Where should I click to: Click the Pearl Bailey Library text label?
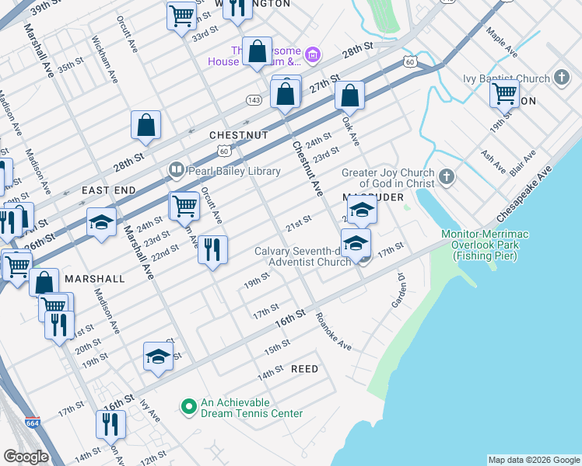(x=225, y=170)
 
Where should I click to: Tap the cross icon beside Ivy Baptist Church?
(x=563, y=78)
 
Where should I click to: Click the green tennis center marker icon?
(x=188, y=407)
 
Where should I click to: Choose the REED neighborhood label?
(x=304, y=369)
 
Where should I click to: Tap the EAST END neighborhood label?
(x=109, y=190)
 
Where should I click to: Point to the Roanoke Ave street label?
(x=334, y=332)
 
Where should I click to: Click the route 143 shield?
(x=253, y=100)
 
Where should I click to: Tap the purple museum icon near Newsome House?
(x=312, y=54)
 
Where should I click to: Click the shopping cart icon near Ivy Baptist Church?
(x=504, y=94)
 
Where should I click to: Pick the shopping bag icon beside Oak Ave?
(x=350, y=96)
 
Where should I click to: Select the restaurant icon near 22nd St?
(x=212, y=250)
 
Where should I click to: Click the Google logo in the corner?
(x=26, y=457)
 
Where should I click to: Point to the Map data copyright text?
(x=533, y=460)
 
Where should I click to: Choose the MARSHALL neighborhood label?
(x=95, y=278)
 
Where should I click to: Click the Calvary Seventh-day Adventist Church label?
(x=303, y=256)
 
